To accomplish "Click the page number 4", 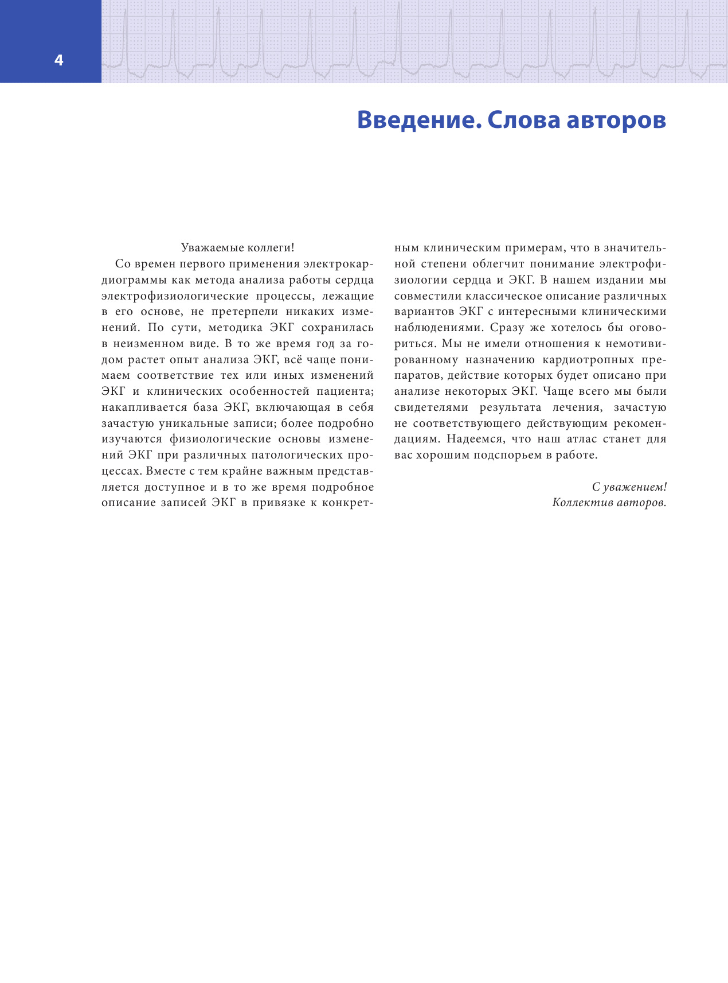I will [58, 61].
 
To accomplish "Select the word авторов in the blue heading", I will [616, 121].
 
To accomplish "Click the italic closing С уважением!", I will [629, 487].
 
